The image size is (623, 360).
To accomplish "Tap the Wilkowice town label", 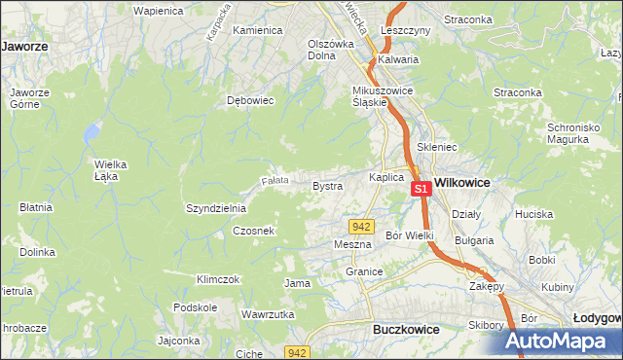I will [461, 182].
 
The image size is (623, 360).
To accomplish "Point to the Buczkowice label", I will [406, 330].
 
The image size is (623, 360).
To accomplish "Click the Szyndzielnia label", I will [216, 208].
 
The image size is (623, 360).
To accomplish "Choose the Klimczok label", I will [217, 279].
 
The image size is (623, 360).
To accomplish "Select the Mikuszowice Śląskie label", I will [384, 96].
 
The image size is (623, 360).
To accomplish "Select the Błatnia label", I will [35, 207].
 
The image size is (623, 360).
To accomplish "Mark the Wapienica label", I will [159, 10].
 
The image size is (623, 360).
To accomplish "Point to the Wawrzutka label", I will [268, 314].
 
